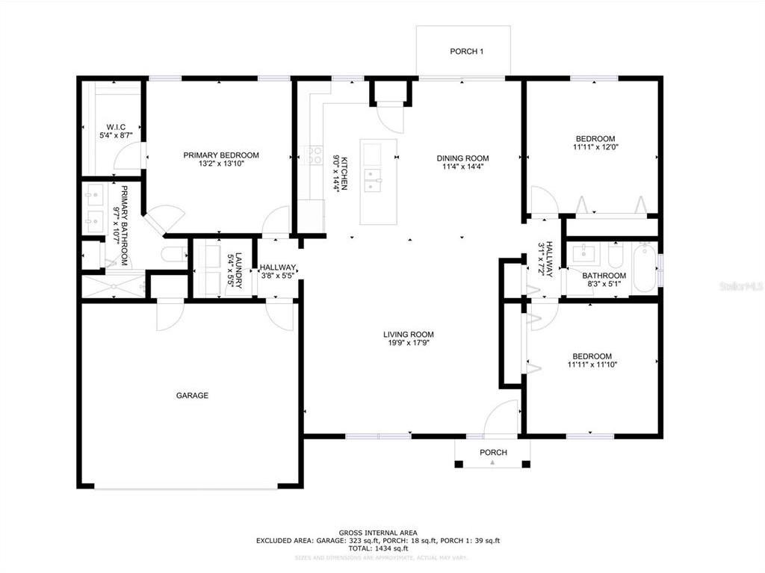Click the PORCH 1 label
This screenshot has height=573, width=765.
click(x=467, y=52)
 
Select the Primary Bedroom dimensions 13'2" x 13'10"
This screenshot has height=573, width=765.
click(x=220, y=164)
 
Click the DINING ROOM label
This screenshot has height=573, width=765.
click(x=462, y=158)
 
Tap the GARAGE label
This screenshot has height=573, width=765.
click(x=192, y=395)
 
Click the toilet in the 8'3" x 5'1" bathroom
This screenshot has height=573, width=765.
click(x=616, y=256)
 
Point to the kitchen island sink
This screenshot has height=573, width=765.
click(x=371, y=178)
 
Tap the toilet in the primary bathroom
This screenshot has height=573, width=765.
click(x=173, y=255)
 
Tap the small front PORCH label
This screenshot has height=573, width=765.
click(x=493, y=452)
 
